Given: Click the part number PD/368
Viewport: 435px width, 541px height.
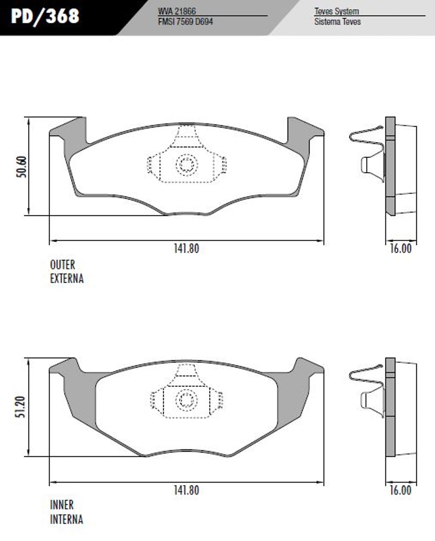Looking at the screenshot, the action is pos(45,16).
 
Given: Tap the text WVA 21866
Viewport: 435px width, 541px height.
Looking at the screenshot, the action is pos(177,11).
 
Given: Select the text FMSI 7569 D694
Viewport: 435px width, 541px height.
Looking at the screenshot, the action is pos(186,21).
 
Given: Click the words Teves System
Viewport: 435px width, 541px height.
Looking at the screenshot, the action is pos(336,11).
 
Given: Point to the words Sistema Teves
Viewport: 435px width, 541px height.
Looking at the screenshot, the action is pos(337,21).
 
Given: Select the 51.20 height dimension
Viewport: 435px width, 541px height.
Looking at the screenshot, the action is pos(21,407).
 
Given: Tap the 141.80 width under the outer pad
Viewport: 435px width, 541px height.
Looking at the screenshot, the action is pos(187,249).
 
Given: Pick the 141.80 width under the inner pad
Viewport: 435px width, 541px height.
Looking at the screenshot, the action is pos(187,490).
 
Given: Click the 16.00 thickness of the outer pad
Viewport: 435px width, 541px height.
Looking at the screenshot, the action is pos(401,248).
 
